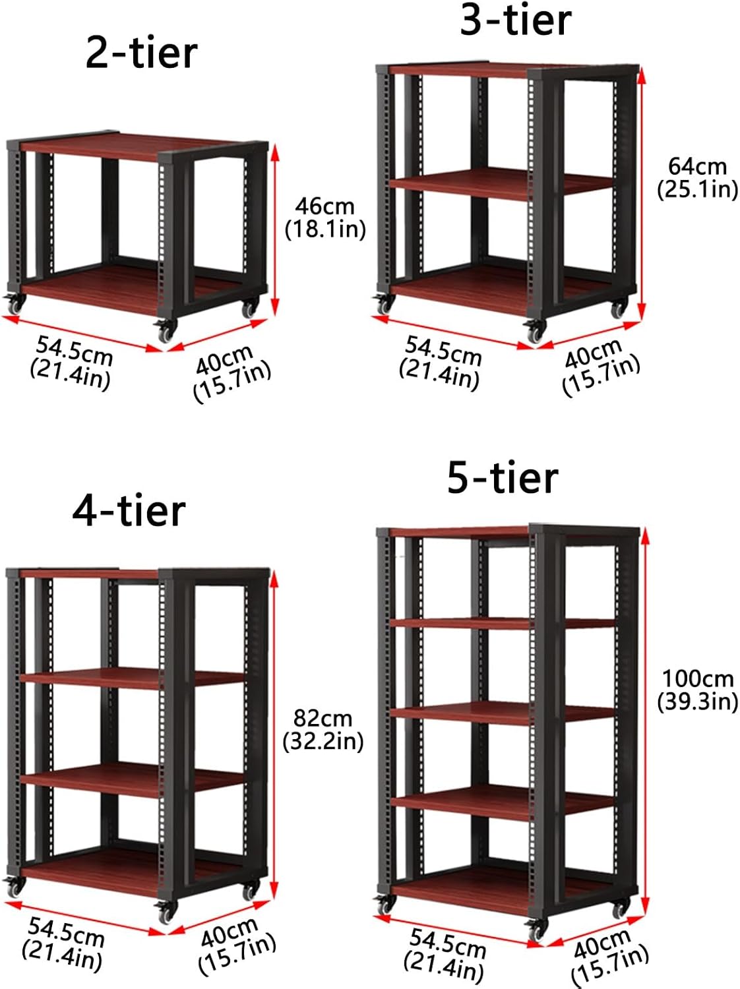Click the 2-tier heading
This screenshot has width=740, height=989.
pyautogui.click(x=141, y=53)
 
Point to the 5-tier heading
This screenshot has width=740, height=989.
pyautogui.click(x=503, y=477)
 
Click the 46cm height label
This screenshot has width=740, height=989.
pyautogui.click(x=324, y=206)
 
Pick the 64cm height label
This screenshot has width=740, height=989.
pyautogui.click(x=697, y=166)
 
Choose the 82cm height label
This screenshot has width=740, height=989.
pyautogui.click(x=323, y=717)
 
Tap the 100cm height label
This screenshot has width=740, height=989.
pyautogui.click(x=698, y=678)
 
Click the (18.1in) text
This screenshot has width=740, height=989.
pyautogui.click(x=325, y=229)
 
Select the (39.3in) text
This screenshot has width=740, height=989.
pyautogui.click(x=698, y=702)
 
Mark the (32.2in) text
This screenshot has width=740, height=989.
pyautogui.click(x=323, y=741)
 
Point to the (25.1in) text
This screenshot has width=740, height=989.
pyautogui.click(x=697, y=189)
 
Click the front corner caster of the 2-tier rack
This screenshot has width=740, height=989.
pyautogui.click(x=164, y=331)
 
